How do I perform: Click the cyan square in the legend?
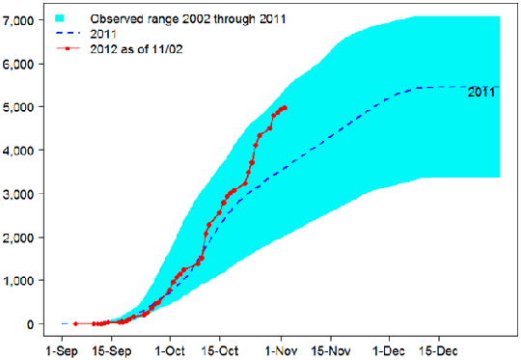tap(63, 19)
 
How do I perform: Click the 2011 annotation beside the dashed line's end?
tap(481, 93)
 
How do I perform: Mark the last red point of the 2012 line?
tap(285, 108)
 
